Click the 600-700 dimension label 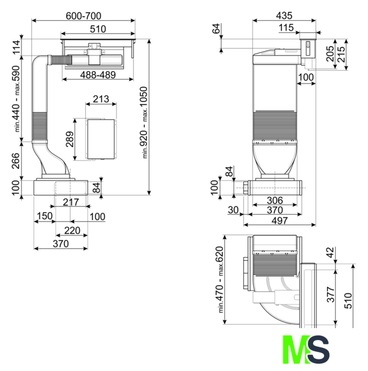point(83,16)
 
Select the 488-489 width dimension point(98,75)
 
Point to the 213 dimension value point(101,99)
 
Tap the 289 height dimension point(70,139)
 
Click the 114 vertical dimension point(17,48)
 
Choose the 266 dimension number point(16,161)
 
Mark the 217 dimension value point(71,202)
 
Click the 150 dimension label point(45,216)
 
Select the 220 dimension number point(72,230)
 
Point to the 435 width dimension point(285,16)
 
